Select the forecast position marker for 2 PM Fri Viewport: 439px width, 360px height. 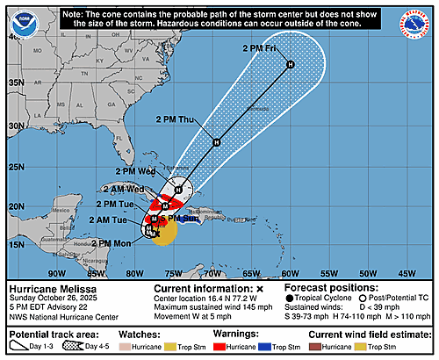click(290, 64)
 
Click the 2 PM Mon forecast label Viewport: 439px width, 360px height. click(112, 243)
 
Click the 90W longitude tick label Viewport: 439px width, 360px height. click(57, 273)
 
